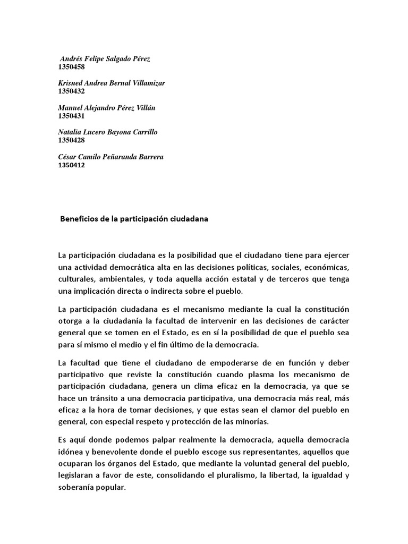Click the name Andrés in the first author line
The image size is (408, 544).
[x=72, y=59]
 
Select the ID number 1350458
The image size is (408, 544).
[x=71, y=67]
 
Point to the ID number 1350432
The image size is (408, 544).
[x=71, y=91]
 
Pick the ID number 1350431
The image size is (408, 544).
[x=71, y=116]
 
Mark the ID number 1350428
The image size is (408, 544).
[x=71, y=140]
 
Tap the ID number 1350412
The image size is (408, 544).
[x=71, y=165]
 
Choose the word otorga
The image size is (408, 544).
[x=70, y=321]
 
